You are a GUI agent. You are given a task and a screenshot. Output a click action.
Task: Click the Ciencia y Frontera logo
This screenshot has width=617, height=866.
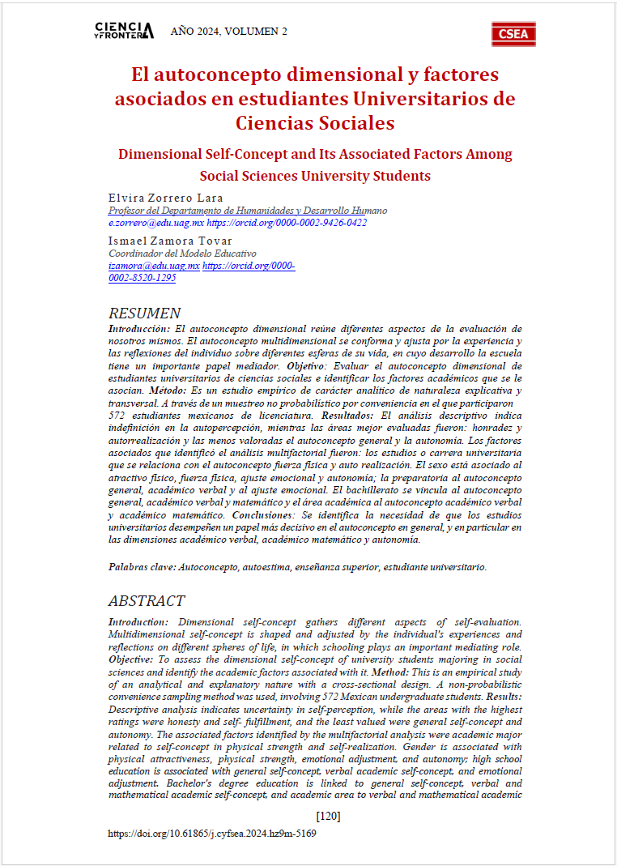pyautogui.click(x=124, y=32)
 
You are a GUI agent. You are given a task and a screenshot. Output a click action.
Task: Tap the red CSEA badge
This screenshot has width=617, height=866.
pyautogui.click(x=513, y=33)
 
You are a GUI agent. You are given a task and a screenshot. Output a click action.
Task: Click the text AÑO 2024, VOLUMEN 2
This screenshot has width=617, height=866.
pyautogui.click(x=228, y=32)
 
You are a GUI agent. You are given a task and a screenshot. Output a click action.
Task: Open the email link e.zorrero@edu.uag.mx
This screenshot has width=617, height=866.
pyautogui.click(x=155, y=222)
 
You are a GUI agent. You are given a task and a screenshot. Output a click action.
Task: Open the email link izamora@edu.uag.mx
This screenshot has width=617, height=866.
pyautogui.click(x=154, y=265)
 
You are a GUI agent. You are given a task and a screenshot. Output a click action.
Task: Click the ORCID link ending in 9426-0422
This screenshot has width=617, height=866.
pyautogui.click(x=287, y=222)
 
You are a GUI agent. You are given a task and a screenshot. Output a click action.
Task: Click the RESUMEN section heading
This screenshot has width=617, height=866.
pyautogui.click(x=145, y=314)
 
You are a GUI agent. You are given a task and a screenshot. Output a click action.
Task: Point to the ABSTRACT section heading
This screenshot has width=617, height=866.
pyautogui.click(x=147, y=601)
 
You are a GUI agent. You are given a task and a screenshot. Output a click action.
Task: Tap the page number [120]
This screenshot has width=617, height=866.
pyautogui.click(x=328, y=816)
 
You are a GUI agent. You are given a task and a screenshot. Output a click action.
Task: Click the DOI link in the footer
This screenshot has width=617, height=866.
pyautogui.click(x=212, y=833)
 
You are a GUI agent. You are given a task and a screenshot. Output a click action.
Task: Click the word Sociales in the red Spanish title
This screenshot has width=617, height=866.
pyautogui.click(x=356, y=123)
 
